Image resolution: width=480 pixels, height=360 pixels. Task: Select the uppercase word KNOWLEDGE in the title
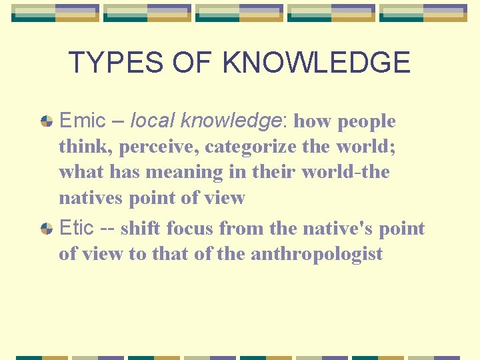pyautogui.click(x=317, y=63)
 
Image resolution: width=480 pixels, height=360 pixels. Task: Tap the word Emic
pyautogui.click(x=83, y=121)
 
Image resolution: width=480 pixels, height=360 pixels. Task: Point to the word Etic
pyautogui.click(x=77, y=228)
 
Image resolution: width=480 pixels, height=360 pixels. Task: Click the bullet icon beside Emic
pyautogui.click(x=47, y=121)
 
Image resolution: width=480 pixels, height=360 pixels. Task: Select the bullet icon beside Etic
pyautogui.click(x=47, y=229)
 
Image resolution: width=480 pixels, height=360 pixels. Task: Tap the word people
pyautogui.click(x=367, y=122)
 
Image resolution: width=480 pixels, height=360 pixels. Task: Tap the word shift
pyautogui.click(x=141, y=229)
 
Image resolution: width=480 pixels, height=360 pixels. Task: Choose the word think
pyautogui.click(x=78, y=147)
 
